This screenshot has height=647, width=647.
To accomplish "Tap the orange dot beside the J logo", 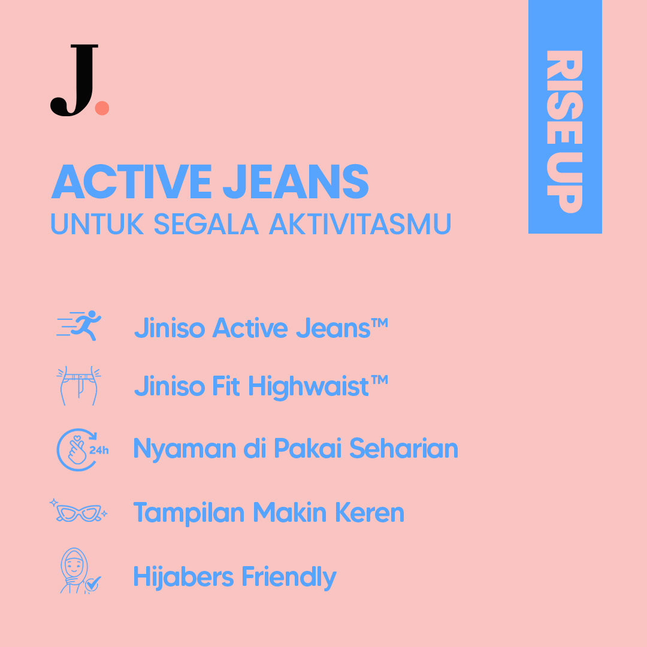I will [x=102, y=108].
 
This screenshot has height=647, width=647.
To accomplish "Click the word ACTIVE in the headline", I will [x=132, y=182].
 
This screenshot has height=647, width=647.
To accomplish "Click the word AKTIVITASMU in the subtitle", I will [x=359, y=223].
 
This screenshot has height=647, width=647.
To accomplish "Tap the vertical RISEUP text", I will [x=564, y=131].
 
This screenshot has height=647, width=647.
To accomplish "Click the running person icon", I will [x=80, y=326].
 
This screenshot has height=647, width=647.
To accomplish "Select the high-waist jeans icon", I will [x=78, y=386].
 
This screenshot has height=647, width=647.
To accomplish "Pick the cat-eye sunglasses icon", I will [x=78, y=512].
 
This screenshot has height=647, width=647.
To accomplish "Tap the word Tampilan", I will [x=189, y=512].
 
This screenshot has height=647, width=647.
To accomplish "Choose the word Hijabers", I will [x=183, y=577].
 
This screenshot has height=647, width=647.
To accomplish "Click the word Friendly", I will [x=289, y=577].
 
